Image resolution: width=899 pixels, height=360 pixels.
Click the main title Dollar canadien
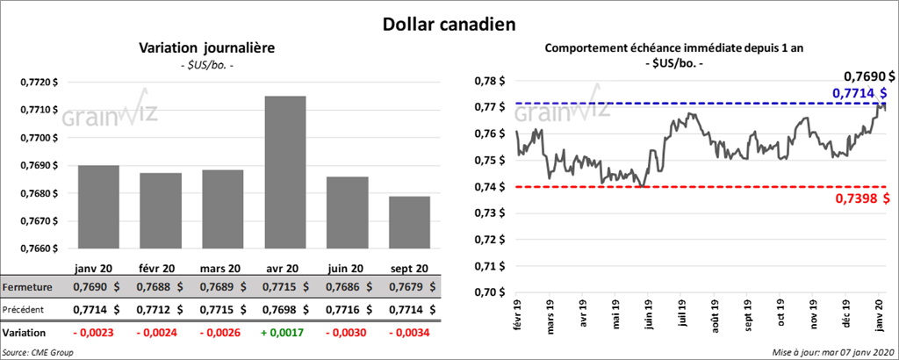point(449,22)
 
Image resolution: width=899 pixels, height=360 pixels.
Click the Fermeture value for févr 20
point(160,287)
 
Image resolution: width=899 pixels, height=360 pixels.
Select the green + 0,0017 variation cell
point(280,334)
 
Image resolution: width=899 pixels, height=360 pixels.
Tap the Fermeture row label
point(26,287)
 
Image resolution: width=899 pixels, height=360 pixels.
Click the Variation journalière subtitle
point(207,47)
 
